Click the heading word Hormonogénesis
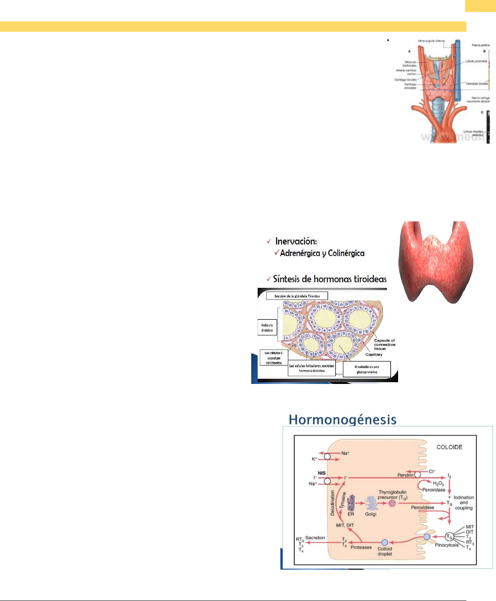(342, 419)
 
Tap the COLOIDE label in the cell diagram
(449, 447)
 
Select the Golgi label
(371, 514)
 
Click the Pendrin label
(405, 475)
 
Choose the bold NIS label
(322, 473)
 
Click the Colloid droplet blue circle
(385, 543)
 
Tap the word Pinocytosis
(447, 545)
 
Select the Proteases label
(361, 547)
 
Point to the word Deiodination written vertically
(332, 503)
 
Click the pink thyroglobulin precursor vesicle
(392, 503)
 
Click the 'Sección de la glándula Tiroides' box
(297, 296)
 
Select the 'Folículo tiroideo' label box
(267, 328)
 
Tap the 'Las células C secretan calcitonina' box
(273, 358)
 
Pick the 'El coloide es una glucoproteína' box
(367, 369)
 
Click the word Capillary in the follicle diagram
(374, 355)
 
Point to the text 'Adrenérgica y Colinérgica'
(322, 254)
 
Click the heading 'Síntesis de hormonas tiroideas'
(329, 279)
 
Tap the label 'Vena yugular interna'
(431, 41)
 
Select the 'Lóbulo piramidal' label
(476, 61)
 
